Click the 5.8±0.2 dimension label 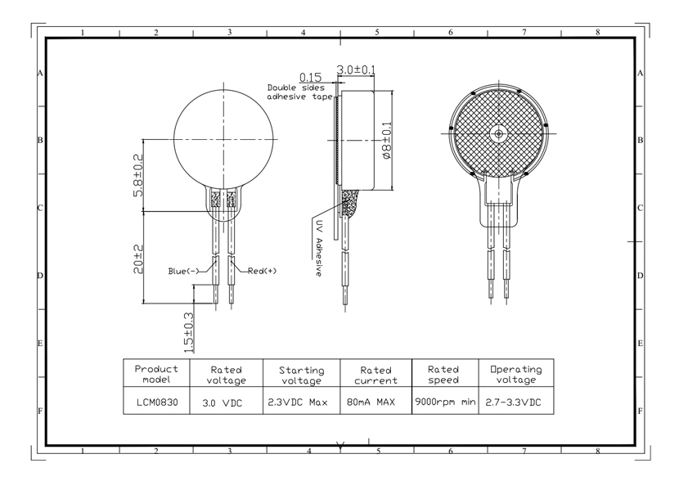tap(138, 175)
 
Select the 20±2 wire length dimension tap(138, 259)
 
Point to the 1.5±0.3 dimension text tap(189, 332)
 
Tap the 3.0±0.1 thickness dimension tap(356, 70)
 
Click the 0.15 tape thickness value tap(311, 78)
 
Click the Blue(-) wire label tap(183, 272)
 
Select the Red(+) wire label tap(262, 271)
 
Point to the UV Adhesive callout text tap(318, 249)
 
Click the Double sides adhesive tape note tap(299, 92)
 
